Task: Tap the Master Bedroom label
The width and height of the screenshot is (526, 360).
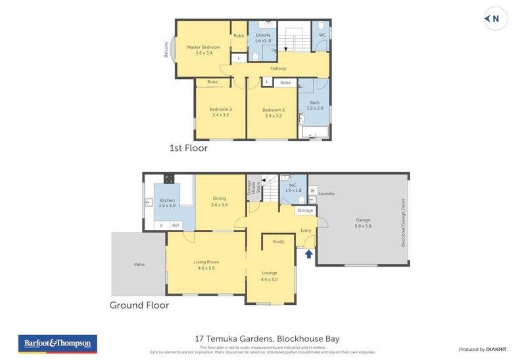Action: (x=203, y=50)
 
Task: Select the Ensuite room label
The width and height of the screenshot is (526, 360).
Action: (x=263, y=37)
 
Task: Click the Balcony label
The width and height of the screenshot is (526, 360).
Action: (x=166, y=51)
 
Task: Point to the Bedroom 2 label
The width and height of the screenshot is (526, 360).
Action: (x=220, y=112)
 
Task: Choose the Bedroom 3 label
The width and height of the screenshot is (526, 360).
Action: (x=274, y=112)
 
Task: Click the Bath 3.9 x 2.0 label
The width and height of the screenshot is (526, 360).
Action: (x=315, y=105)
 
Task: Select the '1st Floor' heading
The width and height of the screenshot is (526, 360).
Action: (x=189, y=148)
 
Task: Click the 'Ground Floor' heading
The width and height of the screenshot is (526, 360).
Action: (x=139, y=305)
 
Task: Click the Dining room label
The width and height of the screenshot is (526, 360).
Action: (x=220, y=201)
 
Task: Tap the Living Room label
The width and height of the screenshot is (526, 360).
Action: (x=206, y=265)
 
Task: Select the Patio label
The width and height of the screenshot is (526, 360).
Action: (x=139, y=264)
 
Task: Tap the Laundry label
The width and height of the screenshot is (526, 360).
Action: (x=326, y=194)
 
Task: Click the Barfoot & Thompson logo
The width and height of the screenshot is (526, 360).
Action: (x=58, y=344)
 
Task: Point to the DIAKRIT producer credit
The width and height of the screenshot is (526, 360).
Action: (x=482, y=349)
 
